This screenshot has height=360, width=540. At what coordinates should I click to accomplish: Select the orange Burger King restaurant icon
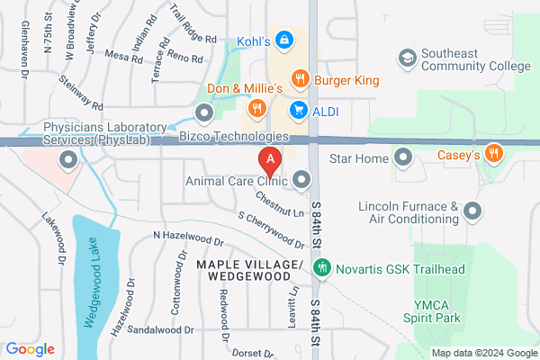point(301,78)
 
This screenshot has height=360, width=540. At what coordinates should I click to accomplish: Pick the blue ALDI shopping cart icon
point(297,109)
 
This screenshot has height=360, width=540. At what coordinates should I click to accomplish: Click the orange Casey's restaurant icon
point(492,156)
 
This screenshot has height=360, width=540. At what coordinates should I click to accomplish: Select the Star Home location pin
point(402,159)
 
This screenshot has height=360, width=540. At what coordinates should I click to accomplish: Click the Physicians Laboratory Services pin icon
point(67,161)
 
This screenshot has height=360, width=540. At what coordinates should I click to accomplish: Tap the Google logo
point(30,349)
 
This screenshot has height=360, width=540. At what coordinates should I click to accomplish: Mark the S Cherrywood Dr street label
point(271,229)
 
